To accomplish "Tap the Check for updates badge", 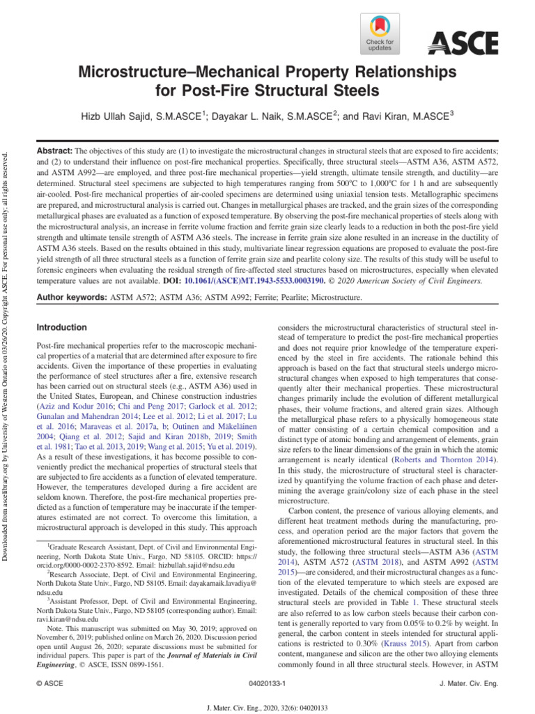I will pos(380,35).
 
